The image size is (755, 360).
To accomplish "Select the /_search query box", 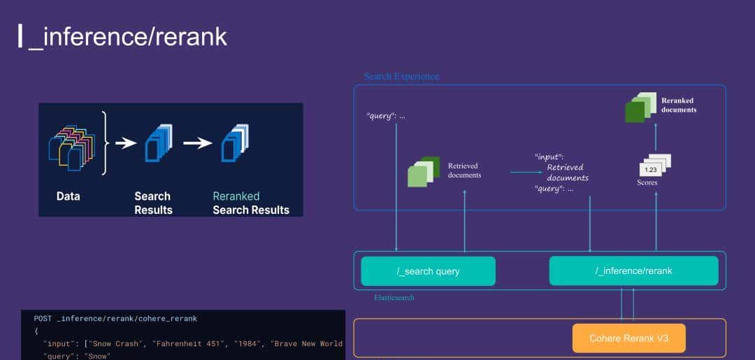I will pyautogui.click(x=428, y=271).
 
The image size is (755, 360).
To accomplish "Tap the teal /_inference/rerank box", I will pyautogui.click(x=633, y=271).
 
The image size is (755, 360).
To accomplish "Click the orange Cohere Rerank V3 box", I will pyautogui.click(x=628, y=338).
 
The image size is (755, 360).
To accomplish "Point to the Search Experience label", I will pyautogui.click(x=401, y=76).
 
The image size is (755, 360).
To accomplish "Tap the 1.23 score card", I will pyautogui.click(x=651, y=169).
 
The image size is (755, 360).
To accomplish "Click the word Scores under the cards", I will pyautogui.click(x=647, y=183).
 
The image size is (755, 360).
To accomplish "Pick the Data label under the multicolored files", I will pyautogui.click(x=69, y=196).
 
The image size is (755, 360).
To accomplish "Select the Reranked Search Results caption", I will pyautogui.click(x=250, y=203).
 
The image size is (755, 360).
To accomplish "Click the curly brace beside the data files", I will pyautogui.click(x=105, y=143).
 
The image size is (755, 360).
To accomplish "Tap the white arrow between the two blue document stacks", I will pyautogui.click(x=198, y=143).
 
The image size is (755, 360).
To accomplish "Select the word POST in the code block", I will pyautogui.click(x=42, y=319).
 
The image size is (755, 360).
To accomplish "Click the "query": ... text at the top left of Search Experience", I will pyautogui.click(x=386, y=115).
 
